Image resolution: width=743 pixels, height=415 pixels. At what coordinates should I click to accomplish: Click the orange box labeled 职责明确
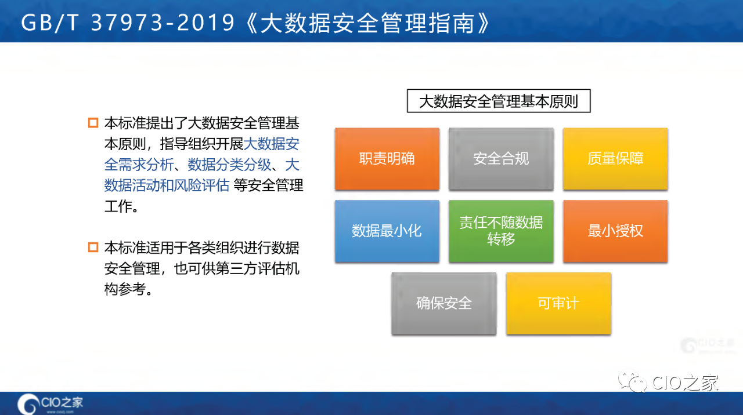click(387, 159)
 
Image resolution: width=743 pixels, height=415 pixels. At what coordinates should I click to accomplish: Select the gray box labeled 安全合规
click(501, 159)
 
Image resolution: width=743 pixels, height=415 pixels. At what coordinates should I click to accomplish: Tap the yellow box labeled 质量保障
click(615, 159)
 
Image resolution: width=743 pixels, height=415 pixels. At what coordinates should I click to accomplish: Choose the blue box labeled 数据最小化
click(387, 231)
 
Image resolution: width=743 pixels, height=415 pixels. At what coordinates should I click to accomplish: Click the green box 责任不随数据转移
click(501, 231)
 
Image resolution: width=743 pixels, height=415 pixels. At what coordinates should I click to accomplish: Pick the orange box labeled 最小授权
click(615, 231)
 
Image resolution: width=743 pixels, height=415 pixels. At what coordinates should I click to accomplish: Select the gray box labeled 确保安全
click(444, 303)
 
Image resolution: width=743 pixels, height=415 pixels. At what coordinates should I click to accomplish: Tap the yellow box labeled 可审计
click(558, 303)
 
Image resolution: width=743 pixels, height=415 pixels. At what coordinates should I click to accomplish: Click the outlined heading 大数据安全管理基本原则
click(499, 101)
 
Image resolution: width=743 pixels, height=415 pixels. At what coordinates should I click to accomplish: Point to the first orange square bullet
click(93, 123)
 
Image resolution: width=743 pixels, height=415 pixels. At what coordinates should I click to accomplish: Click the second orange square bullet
click(93, 247)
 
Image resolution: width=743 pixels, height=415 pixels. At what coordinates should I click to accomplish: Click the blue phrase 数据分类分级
click(229, 165)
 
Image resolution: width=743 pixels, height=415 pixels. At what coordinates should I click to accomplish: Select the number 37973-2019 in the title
click(163, 23)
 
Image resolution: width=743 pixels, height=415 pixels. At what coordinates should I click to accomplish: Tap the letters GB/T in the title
click(51, 23)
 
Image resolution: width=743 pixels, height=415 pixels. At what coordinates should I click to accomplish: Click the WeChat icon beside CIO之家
click(632, 381)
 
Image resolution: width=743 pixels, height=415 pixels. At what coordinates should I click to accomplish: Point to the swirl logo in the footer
click(27, 404)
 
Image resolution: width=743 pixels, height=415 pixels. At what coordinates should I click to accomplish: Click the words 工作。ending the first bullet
click(121, 206)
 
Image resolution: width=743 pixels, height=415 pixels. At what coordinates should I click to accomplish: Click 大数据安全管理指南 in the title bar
click(368, 23)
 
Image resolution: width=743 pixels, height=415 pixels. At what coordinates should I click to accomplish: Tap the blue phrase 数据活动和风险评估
click(167, 185)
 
